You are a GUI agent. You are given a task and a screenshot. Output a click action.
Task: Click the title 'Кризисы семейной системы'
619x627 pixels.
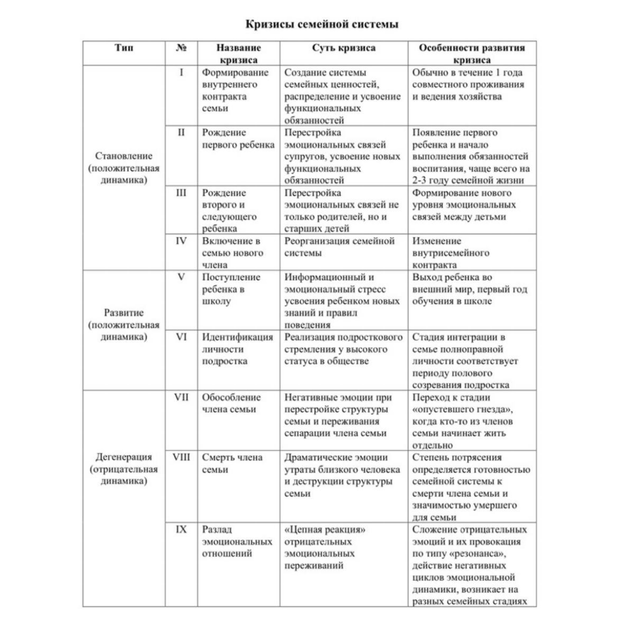[x=321, y=24]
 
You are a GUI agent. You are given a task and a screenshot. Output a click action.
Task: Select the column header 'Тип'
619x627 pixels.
[x=124, y=48]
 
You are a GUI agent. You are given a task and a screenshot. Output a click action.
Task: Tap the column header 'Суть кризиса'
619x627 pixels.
[x=344, y=48]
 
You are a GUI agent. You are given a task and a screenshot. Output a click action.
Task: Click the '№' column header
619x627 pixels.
[x=181, y=48]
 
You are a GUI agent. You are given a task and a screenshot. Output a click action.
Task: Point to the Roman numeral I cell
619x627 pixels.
[x=181, y=72]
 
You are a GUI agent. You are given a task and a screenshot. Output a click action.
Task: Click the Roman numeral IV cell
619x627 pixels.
[x=181, y=241]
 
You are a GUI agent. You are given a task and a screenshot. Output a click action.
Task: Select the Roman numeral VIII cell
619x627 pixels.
[x=181, y=457]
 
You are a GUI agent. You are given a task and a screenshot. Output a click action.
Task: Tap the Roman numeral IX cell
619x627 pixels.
[x=181, y=529]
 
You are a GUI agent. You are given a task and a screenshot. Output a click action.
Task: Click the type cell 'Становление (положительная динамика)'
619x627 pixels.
[x=124, y=168]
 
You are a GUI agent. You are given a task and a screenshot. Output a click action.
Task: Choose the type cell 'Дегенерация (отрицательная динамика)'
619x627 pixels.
[x=124, y=469]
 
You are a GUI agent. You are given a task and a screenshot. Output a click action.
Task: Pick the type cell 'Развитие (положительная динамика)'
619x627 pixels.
[x=124, y=325]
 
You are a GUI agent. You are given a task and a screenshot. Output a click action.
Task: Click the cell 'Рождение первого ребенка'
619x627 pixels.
[x=238, y=139]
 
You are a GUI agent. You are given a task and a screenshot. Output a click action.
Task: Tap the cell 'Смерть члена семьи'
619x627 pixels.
[x=232, y=463]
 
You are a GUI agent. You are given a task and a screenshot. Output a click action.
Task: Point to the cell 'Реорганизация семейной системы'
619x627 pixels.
[x=339, y=247]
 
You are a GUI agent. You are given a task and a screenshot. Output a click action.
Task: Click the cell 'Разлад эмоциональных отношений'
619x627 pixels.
[x=237, y=541]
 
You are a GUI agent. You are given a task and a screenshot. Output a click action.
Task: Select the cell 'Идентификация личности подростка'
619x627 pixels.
[x=237, y=349]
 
